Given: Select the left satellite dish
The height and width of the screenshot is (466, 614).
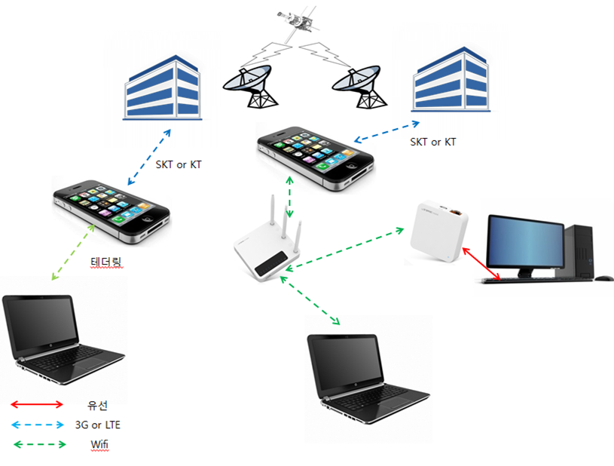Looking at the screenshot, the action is [x=249, y=87].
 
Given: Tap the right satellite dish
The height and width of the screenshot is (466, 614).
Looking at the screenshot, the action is [x=359, y=87].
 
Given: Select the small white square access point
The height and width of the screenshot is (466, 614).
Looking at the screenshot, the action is [x=439, y=231].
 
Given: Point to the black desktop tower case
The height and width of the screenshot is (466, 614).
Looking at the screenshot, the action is [x=579, y=251].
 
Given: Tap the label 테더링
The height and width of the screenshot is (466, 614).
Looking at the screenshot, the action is [x=106, y=262].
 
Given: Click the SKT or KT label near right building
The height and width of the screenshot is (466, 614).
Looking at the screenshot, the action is [x=433, y=142].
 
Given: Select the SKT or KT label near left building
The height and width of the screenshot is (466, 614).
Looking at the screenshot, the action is [x=179, y=164].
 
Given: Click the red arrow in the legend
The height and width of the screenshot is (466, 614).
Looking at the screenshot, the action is [x=37, y=404].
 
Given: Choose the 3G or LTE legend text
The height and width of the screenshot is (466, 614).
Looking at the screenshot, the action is [x=98, y=425].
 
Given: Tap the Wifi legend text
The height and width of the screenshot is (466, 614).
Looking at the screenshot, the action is [x=99, y=444].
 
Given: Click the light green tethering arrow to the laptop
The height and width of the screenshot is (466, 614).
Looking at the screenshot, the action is [x=73, y=252].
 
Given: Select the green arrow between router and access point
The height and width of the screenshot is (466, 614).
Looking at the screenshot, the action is [x=344, y=249].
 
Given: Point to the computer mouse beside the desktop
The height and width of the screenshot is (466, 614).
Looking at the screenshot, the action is [x=604, y=278].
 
